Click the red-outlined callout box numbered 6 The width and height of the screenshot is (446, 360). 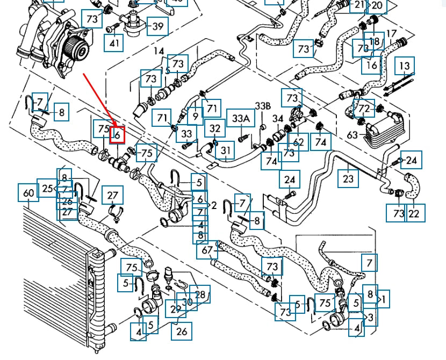click(x=117, y=134)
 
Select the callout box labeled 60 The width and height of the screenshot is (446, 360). click(x=28, y=192)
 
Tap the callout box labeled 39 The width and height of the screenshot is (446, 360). click(x=157, y=26)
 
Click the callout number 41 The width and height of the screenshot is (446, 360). click(x=114, y=42)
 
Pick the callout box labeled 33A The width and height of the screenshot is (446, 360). click(x=241, y=118)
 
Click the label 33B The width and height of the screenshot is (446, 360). click(x=263, y=105)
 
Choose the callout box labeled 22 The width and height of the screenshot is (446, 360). click(x=414, y=213)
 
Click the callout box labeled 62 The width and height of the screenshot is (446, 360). click(x=299, y=142)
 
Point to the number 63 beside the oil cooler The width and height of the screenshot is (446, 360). click(x=353, y=135)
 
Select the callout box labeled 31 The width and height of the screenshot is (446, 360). click(x=226, y=151)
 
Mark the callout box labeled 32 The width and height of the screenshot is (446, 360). click(x=215, y=128)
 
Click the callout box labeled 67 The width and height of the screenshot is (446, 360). click(x=207, y=250)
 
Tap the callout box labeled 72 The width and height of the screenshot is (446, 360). click(x=365, y=109)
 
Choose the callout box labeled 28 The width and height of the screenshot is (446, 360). click(x=200, y=294)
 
